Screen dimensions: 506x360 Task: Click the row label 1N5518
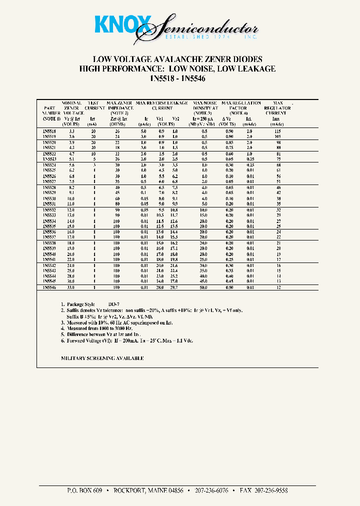pos(49,131)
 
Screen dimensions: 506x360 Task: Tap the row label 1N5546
pos(49,287)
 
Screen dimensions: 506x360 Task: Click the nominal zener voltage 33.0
pos(71,287)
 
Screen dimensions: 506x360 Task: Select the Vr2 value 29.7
pos(174,287)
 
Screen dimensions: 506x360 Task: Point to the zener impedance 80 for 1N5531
pos(117,203)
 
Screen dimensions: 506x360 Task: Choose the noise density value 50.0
pos(204,287)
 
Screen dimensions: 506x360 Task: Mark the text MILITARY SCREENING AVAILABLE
pos(102,358)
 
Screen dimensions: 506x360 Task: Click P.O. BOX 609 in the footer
pos(84,491)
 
